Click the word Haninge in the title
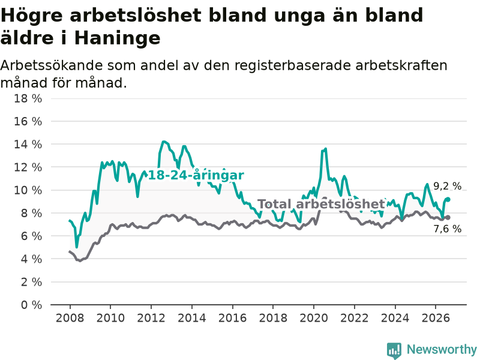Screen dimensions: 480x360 coord(117,38)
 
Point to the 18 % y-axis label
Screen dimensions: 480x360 coord(28,98)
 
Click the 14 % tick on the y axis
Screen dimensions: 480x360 coord(28,144)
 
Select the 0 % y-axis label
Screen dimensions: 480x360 coord(31,305)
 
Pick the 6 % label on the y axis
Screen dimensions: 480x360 coord(31,236)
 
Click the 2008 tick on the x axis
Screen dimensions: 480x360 coord(70,318)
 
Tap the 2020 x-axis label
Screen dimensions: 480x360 coord(314,318)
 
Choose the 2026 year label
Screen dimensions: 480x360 coord(436,318)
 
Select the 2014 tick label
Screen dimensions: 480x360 coord(192,318)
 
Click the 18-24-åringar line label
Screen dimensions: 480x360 coord(196,175)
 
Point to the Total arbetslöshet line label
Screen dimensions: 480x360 coord(321,204)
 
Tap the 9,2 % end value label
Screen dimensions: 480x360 coord(447,186)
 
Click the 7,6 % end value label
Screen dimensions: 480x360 coord(447,229)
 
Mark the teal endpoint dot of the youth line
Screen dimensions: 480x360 coord(448,199)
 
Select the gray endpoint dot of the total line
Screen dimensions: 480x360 coord(448,217)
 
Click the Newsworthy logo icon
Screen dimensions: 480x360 coord(394,350)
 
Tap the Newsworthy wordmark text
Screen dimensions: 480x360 coord(442,349)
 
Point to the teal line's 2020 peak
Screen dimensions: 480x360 coord(325,149)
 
